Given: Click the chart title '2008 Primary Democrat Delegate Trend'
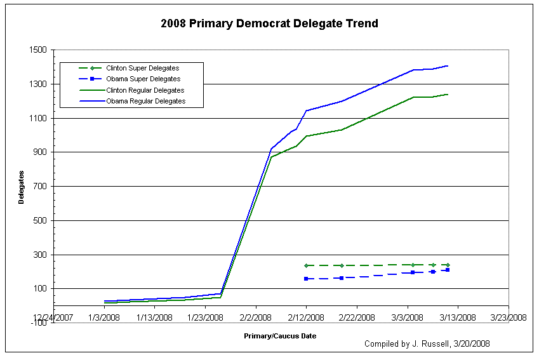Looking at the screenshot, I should pos(269,24).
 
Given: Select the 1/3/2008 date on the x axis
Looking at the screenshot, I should pos(103,317).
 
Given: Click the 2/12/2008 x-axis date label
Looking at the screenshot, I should pos(306,317).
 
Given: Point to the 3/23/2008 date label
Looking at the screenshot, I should pos(509,317).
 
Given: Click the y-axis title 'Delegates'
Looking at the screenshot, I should pos(21,187).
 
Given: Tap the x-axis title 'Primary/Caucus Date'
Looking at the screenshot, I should pos(280,335).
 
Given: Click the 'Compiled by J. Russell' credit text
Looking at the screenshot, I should pos(427,343).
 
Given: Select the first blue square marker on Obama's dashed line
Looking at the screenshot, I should pos(306,279).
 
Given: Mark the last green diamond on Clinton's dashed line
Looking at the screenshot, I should pos(448,265).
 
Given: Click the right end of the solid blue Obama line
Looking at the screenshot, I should pos(448,65).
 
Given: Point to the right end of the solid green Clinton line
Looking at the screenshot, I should pos(448,94).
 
